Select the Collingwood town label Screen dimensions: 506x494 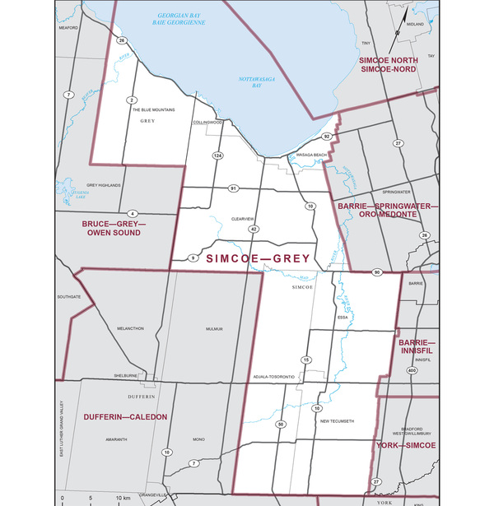pyautogui.click(x=207, y=122)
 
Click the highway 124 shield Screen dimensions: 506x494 pyautogui.click(x=218, y=156)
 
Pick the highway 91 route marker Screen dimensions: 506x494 pyautogui.click(x=234, y=188)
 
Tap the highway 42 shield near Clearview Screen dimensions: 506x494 pyautogui.click(x=254, y=228)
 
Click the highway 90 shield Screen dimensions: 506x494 pyautogui.click(x=376, y=272)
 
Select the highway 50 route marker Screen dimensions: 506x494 pyautogui.click(x=281, y=424)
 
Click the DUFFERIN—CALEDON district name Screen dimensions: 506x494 pyautogui.click(x=125, y=417)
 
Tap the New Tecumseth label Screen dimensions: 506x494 pyautogui.click(x=336, y=421)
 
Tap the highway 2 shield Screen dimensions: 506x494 pyautogui.click(x=131, y=100)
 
